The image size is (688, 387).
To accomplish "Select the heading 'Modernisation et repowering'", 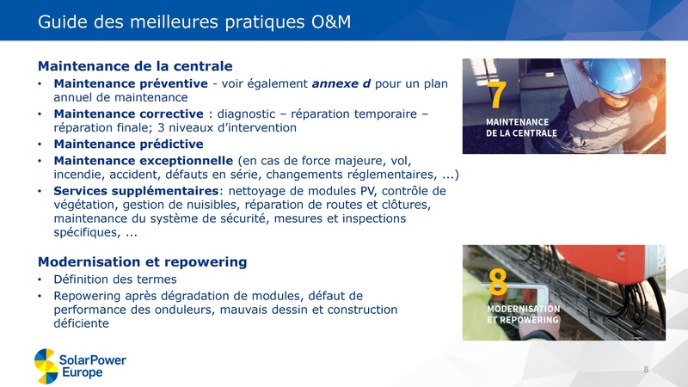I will [x=143, y=261].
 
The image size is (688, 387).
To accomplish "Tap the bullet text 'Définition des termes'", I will [x=115, y=279].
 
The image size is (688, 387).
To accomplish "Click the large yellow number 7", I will [x=497, y=96].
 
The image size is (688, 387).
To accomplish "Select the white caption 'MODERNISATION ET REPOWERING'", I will [x=524, y=314].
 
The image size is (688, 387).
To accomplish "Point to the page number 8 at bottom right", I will [x=646, y=369].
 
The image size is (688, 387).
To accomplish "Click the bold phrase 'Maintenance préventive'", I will [x=130, y=83].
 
